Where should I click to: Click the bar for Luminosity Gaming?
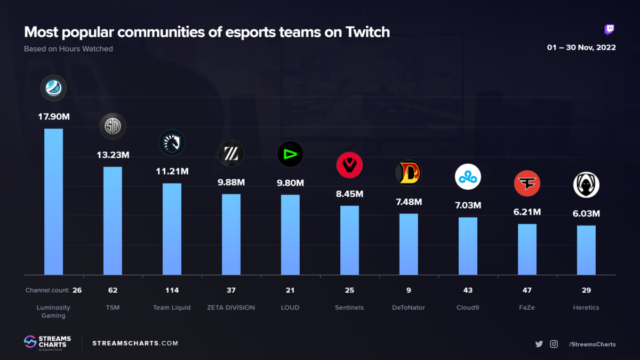(53, 202)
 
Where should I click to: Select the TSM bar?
(113, 221)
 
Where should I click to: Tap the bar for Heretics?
(586, 250)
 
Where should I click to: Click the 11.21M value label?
(172, 171)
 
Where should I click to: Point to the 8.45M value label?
(349, 194)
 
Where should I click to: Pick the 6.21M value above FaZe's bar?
(527, 212)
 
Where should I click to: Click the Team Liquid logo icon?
(172, 142)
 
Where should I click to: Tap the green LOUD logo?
(290, 154)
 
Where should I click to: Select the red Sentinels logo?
(349, 165)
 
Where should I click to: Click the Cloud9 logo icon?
(468, 177)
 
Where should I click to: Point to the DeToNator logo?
(409, 173)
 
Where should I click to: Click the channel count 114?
(172, 290)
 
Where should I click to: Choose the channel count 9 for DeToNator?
(409, 290)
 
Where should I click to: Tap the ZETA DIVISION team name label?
(231, 308)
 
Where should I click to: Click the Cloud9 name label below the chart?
(468, 308)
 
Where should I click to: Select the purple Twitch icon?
(609, 29)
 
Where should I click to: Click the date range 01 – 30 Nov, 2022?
(581, 47)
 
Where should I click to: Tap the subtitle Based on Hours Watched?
(68, 49)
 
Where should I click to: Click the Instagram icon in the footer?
(554, 344)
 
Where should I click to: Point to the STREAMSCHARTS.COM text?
(135, 343)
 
